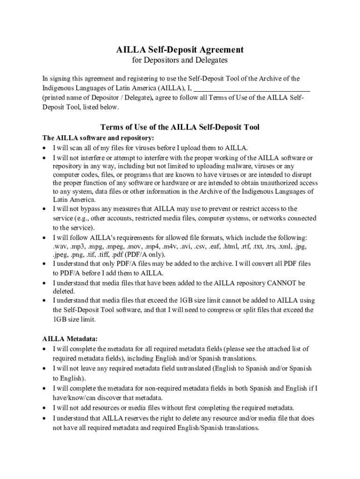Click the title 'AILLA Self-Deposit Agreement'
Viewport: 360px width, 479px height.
180,50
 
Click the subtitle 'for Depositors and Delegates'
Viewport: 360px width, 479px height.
180,60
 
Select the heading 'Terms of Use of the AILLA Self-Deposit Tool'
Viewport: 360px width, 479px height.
180,127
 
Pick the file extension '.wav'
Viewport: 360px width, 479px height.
60,246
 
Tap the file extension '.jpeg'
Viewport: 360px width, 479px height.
61,254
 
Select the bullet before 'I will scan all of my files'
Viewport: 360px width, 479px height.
44,148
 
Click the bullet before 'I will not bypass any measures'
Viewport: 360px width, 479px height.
44,209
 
